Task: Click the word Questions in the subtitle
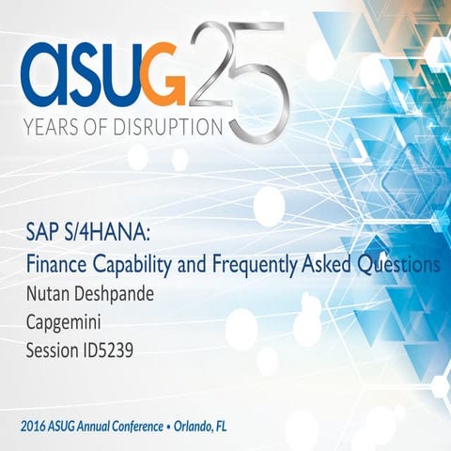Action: pos(397,265)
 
